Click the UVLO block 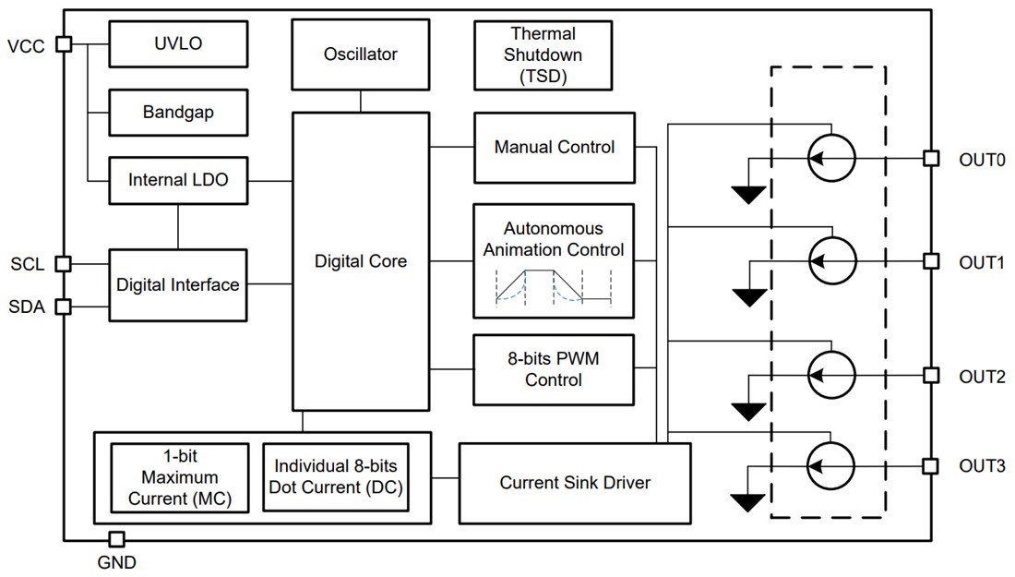tap(178, 44)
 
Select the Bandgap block tap(178, 113)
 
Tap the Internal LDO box tap(178, 181)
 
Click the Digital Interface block tap(178, 284)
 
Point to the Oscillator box tap(360, 54)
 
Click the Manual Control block tap(554, 148)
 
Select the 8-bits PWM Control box tap(554, 369)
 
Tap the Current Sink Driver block tap(574, 483)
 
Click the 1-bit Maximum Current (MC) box tap(179, 477)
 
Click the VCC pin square tap(64, 43)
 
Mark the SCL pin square tap(64, 264)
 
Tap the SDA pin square tap(64, 307)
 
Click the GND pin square tap(117, 539)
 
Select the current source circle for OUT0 tap(831, 159)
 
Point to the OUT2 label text tap(982, 376)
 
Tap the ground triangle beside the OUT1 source tap(748, 296)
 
